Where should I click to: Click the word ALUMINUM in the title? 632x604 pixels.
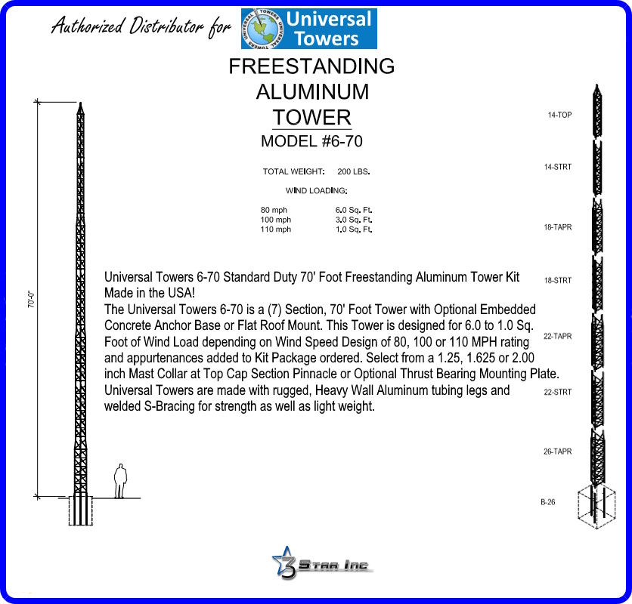311,92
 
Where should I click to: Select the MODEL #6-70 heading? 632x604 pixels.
305,141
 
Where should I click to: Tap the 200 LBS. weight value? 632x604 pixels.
353,172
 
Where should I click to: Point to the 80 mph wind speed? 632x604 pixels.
274,210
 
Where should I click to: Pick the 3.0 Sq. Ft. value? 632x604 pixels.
354,220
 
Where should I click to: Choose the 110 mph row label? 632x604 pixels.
275,230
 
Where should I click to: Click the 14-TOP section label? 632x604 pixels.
559,116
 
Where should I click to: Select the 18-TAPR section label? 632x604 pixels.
558,226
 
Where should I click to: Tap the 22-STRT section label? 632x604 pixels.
558,392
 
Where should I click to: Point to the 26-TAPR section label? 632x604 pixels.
557,451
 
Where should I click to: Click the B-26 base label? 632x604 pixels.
548,501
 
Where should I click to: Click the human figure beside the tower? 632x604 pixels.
119,481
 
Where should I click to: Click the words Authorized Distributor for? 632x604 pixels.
141,28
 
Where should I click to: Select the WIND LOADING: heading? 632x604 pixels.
316,190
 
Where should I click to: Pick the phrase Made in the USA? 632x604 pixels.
150,292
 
